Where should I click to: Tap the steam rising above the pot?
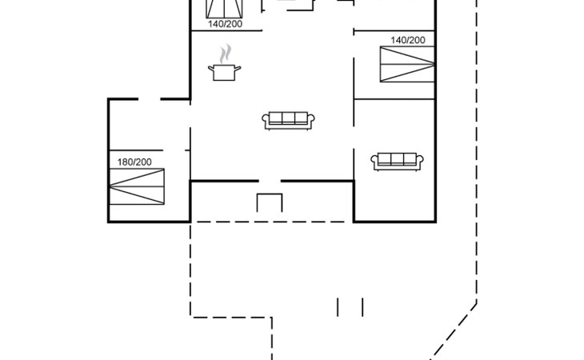[x=226, y=54]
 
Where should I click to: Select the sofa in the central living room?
[x=290, y=120]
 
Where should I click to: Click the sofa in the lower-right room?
[x=398, y=161]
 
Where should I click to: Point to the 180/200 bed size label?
[x=134, y=162]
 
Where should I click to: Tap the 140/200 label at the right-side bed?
[x=408, y=40]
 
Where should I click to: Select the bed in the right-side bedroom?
[x=407, y=64]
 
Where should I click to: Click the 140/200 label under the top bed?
[x=225, y=24]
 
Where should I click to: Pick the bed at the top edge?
[x=225, y=8]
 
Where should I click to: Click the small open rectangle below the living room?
[x=270, y=203]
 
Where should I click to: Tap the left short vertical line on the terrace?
[x=338, y=306]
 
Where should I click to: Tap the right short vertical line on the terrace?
[x=362, y=306]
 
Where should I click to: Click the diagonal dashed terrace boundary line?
[x=456, y=328]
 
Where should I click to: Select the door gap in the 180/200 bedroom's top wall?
[x=150, y=99]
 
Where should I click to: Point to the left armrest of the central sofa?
[x=266, y=120]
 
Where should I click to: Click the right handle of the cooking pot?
[x=238, y=70]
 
